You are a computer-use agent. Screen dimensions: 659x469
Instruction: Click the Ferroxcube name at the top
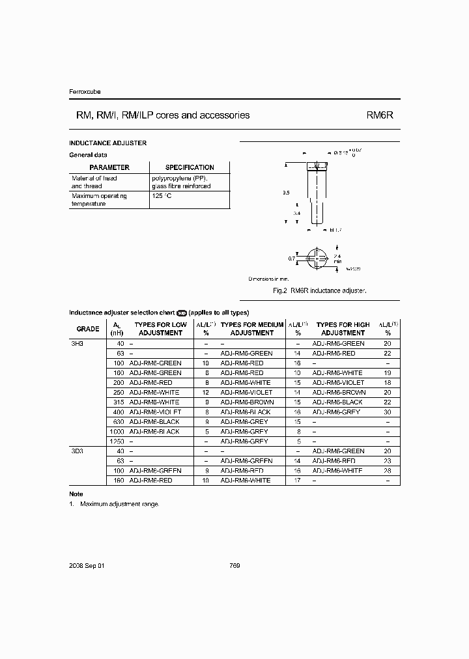85,92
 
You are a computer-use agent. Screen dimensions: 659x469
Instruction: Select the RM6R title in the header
379,115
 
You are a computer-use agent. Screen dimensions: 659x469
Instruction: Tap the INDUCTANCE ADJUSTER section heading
107,143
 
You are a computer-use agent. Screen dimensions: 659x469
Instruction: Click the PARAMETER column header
109,167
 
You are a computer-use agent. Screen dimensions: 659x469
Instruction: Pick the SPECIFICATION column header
190,167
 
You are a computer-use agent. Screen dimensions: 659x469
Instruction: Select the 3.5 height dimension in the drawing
287,193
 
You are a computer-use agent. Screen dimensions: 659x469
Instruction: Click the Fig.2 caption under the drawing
319,290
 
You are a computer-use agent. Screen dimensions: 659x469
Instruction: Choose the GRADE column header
88,329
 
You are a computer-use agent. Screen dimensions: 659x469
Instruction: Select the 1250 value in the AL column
116,442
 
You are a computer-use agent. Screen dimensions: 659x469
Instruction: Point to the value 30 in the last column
387,412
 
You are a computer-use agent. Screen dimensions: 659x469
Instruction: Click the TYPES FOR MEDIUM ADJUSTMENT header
252,329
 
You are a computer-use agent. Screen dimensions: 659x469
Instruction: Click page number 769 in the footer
235,566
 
